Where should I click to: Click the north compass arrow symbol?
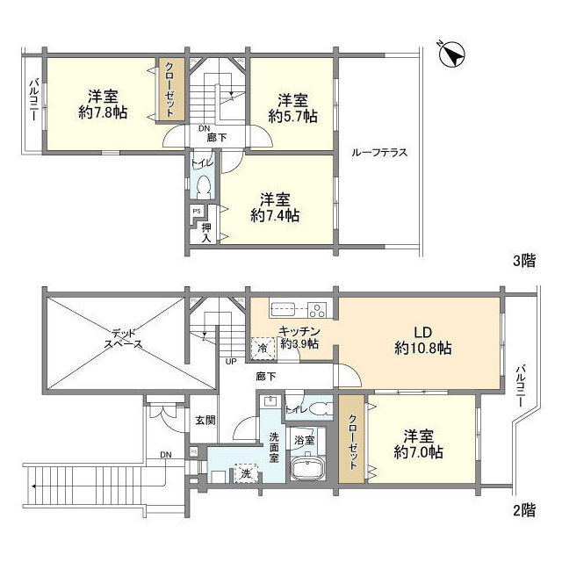452,54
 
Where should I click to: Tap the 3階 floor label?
524,261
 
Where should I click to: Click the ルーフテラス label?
378,152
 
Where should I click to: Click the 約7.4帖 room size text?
276,214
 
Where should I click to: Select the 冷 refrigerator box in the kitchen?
263,347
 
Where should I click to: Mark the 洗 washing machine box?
245,473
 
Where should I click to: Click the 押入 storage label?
205,232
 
